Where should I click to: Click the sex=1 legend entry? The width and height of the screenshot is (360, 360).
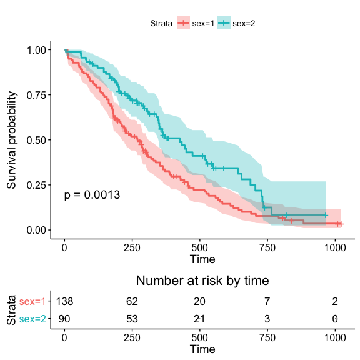pos(196,23)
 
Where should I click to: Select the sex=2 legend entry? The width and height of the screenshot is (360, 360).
pos(236,23)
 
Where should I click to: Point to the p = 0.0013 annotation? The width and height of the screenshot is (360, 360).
pos(92,195)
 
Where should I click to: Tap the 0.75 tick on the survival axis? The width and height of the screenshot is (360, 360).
pos(36,95)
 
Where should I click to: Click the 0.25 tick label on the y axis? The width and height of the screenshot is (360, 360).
pos(36,185)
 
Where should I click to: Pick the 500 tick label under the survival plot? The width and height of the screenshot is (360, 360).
pos(199,248)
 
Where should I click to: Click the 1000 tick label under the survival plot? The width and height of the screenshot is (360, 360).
pos(335,248)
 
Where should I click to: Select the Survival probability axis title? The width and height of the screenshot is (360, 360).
pos(11,140)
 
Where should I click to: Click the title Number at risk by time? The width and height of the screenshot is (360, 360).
pos(202,281)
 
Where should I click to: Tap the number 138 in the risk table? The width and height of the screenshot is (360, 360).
pos(64,301)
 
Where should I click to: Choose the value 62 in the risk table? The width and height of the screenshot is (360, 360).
pos(132,301)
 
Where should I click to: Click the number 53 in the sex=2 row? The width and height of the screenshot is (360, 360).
pos(132,319)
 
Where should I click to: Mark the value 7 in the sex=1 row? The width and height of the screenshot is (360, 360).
pos(267,301)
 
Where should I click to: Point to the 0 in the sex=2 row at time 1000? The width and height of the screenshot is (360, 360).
pos(335,319)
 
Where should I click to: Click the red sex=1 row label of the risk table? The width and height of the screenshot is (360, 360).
pos(32,301)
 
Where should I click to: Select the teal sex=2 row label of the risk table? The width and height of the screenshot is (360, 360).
pos(32,319)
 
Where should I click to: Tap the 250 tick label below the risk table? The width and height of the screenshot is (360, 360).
pos(132,337)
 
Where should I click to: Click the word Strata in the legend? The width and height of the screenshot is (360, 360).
pos(161,23)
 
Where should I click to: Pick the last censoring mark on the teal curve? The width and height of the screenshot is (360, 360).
pos(326,216)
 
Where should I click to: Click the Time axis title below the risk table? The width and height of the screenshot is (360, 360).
pos(202,349)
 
